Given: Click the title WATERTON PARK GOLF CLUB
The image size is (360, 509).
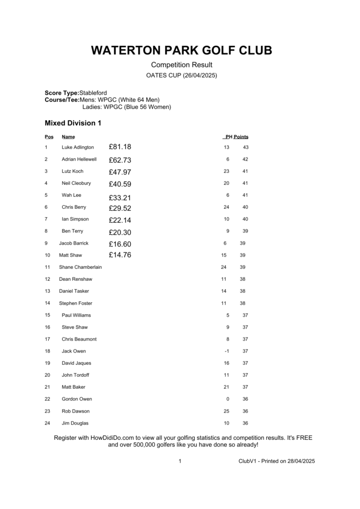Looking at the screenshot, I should point(181,51).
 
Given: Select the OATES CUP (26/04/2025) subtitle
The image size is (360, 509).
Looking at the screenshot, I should point(181,76).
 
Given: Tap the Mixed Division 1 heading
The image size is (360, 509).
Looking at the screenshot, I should point(73,123).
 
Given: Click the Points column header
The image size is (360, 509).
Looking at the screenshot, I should point(241,137).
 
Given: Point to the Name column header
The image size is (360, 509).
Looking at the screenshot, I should point(68,137).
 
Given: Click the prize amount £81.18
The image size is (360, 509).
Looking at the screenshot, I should point(120,147).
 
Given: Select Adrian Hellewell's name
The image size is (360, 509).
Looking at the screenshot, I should point(79,159).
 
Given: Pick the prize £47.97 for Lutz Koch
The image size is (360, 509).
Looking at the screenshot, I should point(120,172).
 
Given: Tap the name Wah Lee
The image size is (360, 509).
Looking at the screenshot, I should point(72,195).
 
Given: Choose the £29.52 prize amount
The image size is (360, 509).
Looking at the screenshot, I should point(120,208).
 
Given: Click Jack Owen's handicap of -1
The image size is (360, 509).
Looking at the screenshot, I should point(226,351).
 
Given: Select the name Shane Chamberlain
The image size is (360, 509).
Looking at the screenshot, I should point(80,267).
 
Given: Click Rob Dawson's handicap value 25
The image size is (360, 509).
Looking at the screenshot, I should point(226,411).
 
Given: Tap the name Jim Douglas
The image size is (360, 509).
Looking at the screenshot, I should point(75,423).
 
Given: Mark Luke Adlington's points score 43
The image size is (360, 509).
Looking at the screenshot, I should point(245,147).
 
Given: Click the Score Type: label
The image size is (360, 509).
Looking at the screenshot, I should point(62,93).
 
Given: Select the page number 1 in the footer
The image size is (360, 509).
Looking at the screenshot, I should point(180,461).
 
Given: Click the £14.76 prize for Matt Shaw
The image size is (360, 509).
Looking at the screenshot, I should point(120,255).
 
